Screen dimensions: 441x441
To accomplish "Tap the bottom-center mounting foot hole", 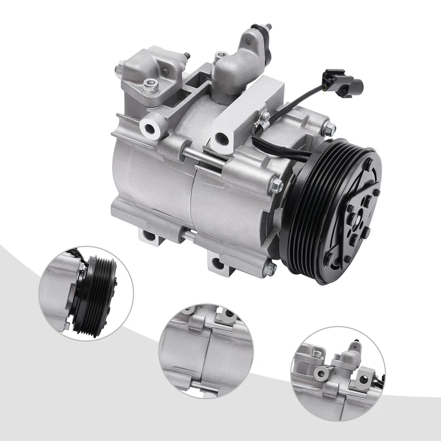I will pyautogui.click(x=216, y=263).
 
